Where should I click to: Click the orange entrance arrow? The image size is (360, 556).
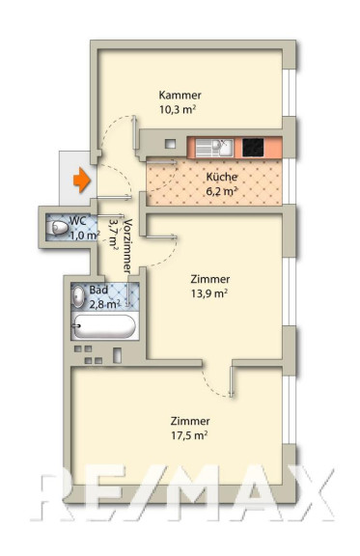82,181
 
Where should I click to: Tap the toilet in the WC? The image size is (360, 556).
57,227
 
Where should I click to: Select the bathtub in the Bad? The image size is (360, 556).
104,326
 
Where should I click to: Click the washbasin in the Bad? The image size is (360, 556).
78,296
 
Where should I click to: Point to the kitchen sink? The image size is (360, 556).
214,148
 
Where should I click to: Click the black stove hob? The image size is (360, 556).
253,147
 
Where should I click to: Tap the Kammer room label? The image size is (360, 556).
180,95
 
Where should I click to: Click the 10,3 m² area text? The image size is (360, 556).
178,109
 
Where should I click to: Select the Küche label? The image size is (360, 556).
222,177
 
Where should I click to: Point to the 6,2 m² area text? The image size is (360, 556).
222,191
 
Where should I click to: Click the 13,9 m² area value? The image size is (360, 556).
208,293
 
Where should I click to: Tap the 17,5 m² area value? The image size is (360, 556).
189,435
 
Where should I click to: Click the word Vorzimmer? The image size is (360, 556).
127,246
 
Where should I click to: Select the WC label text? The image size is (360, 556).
77,220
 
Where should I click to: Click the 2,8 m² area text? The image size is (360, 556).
104,304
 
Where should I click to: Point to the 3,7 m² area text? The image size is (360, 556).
113,233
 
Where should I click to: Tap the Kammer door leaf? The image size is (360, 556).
134,132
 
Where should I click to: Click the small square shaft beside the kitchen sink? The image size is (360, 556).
171,144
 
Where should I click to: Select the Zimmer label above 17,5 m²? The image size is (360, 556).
190,421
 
